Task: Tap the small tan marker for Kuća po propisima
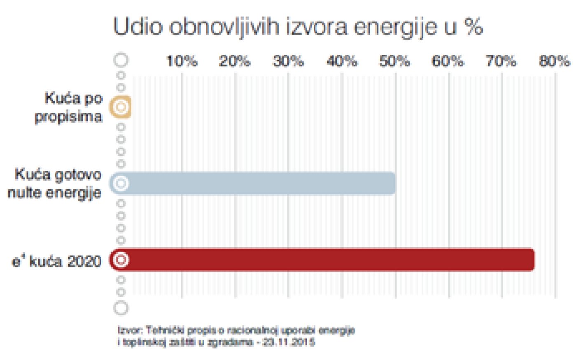click(120, 107)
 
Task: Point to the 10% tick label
click(182, 62)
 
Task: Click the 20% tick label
click(235, 62)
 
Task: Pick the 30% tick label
click(288, 62)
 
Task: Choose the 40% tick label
click(342, 62)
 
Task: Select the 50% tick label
click(395, 62)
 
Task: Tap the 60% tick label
click(448, 62)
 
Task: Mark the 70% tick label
click(501, 62)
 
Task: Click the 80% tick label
click(555, 62)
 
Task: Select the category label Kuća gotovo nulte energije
click(55, 183)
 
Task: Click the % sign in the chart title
click(473, 27)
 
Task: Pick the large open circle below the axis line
click(121, 308)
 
